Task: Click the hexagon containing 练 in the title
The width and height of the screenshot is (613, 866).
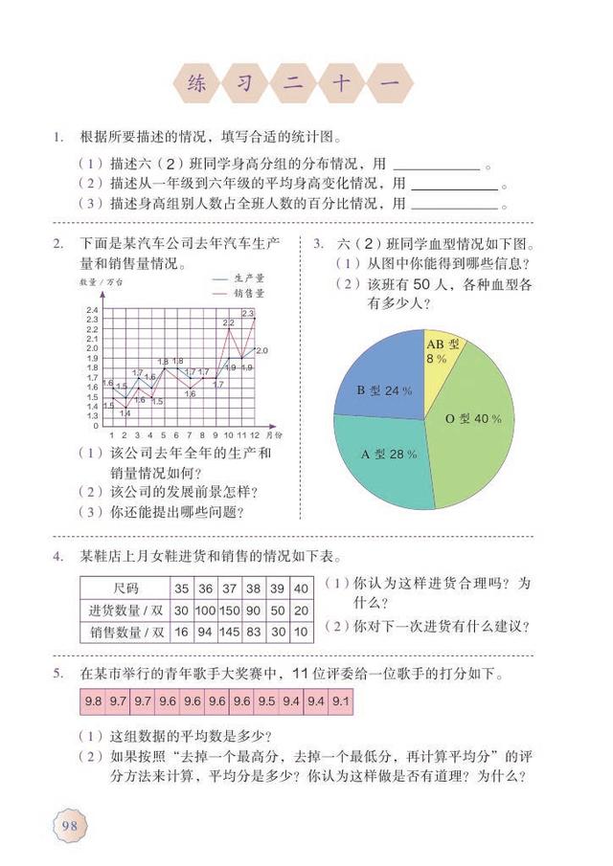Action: click(x=198, y=82)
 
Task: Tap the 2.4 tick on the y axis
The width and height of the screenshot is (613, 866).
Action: click(x=92, y=311)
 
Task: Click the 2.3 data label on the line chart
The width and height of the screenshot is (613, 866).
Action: click(x=247, y=313)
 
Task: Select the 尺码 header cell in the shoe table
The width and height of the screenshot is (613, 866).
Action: click(x=125, y=588)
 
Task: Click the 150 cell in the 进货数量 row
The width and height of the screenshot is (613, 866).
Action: click(x=230, y=611)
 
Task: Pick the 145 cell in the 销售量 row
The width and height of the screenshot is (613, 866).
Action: click(x=230, y=633)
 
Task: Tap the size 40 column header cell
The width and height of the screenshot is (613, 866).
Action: click(x=301, y=588)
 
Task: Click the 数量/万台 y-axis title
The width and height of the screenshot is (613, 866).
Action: click(x=102, y=282)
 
